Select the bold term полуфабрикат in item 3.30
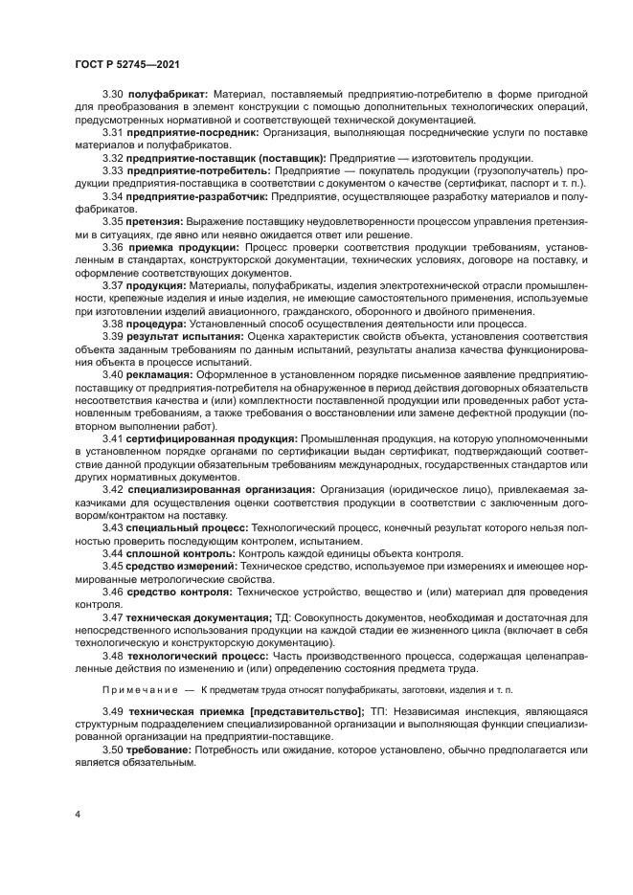(x=167, y=96)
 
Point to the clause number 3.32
(x=113, y=158)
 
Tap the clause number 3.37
(x=113, y=284)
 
